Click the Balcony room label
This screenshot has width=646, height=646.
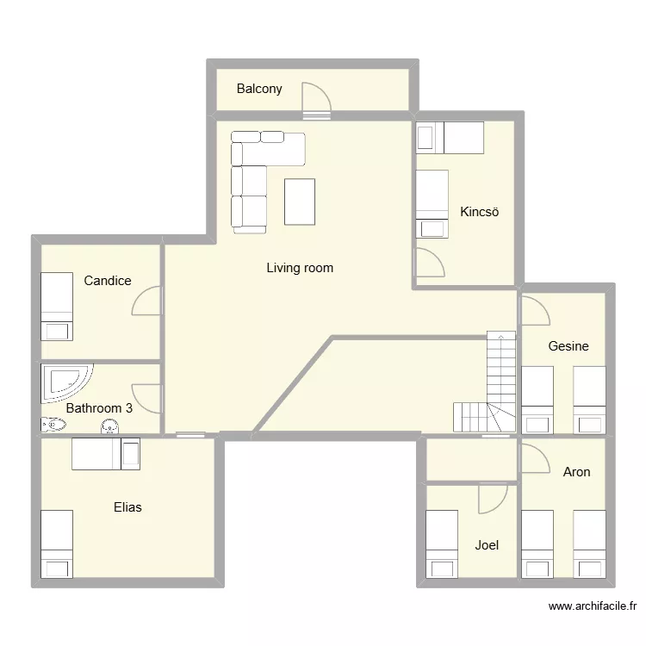259,89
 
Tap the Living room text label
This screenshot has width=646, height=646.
300,268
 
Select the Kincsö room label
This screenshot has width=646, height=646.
480,212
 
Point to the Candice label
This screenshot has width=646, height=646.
108,281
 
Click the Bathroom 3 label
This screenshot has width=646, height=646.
99,408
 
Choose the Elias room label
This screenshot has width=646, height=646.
127,507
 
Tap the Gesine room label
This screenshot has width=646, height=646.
568,346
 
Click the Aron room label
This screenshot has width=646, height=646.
576,472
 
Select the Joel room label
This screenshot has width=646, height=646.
487,545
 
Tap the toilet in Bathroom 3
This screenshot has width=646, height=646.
53,424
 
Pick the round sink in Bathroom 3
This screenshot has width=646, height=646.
110,425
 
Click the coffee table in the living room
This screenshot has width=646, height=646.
300,202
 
